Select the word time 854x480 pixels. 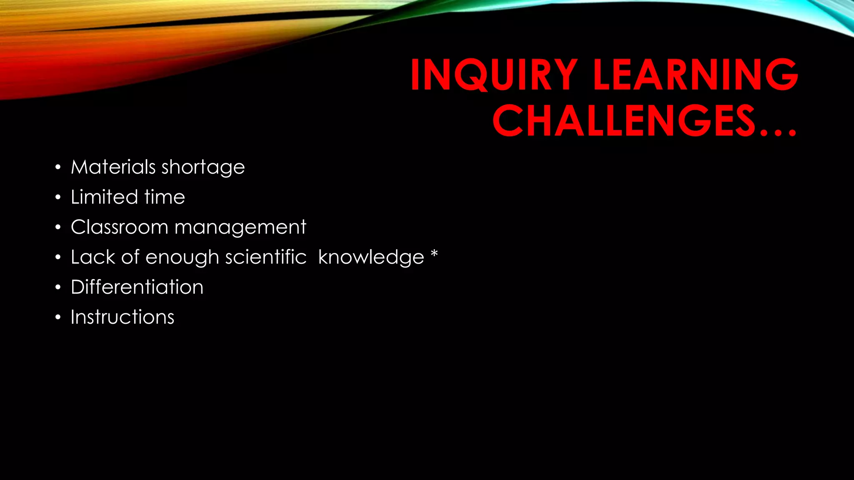(x=165, y=197)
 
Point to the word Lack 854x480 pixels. (x=93, y=257)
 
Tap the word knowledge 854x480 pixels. (x=371, y=257)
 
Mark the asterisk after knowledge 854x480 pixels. (x=434, y=253)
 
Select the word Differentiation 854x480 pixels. (x=137, y=287)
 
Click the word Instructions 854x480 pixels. (x=123, y=317)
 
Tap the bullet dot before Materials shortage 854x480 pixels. (x=58, y=168)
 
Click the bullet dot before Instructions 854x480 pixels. (x=58, y=318)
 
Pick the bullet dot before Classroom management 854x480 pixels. (x=58, y=228)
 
